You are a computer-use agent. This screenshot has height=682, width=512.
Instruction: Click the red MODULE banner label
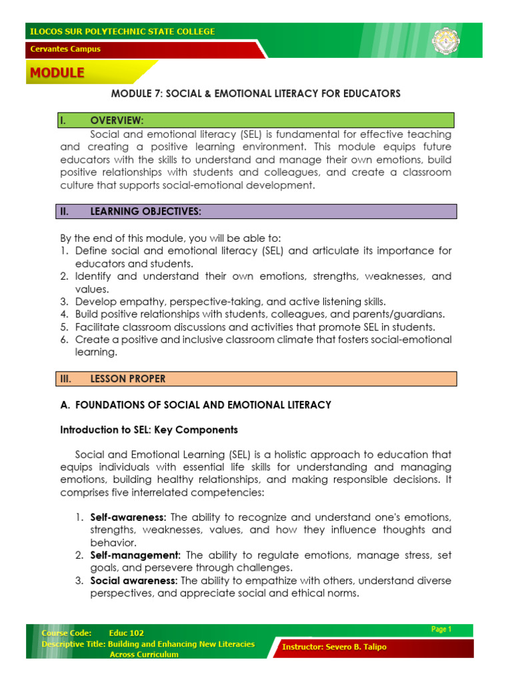point(57,73)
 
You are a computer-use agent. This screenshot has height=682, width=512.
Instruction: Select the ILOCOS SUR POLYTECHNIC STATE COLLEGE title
point(121,31)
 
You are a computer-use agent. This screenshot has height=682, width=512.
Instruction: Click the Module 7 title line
point(255,94)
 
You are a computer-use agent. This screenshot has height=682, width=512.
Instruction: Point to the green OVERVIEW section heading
point(117,121)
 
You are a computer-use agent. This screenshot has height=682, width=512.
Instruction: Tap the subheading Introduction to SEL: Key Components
point(149,430)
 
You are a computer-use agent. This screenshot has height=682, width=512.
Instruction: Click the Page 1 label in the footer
point(441,629)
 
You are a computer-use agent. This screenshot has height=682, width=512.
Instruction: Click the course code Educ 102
point(126,633)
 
